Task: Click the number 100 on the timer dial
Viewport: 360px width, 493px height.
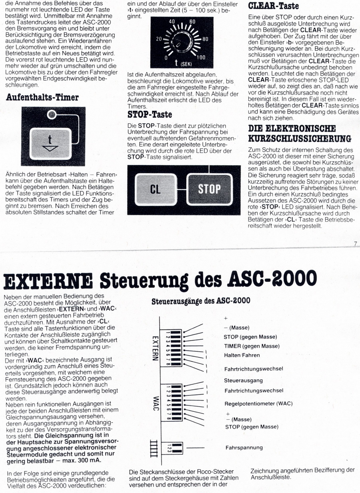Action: click(200, 58)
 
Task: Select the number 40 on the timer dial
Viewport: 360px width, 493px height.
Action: click(172, 21)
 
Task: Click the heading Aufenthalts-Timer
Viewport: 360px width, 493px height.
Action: click(42, 98)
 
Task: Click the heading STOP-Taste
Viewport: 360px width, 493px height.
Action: click(150, 114)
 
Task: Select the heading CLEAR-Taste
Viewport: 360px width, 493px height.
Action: click(274, 6)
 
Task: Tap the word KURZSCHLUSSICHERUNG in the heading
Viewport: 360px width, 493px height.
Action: click(300, 138)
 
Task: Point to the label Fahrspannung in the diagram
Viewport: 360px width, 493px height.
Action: click(244, 447)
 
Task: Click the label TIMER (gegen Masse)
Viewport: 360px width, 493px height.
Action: click(251, 346)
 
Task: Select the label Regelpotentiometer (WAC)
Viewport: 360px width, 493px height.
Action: click(258, 403)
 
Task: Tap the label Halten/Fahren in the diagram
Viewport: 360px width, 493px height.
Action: click(242, 355)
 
